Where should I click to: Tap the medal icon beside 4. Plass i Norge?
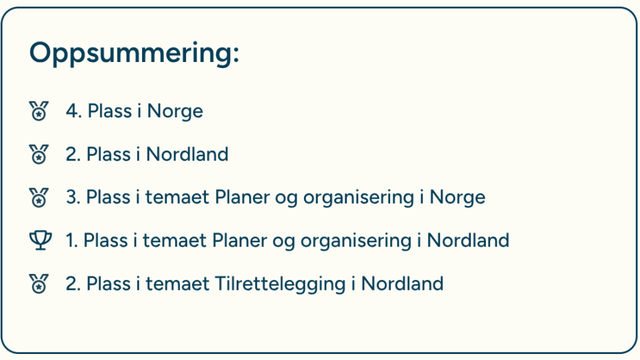(x=39, y=111)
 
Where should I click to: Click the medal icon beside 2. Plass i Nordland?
(x=39, y=154)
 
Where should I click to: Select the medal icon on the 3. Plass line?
(x=39, y=197)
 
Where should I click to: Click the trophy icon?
(x=41, y=241)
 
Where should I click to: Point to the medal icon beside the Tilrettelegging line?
(x=39, y=283)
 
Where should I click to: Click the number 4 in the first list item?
(x=71, y=111)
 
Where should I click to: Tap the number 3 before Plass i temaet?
(x=71, y=197)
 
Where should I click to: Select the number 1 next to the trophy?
(x=70, y=241)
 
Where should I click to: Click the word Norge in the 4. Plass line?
(x=175, y=111)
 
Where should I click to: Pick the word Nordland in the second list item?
(x=187, y=154)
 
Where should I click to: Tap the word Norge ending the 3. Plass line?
(x=457, y=198)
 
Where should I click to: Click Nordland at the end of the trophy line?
(x=468, y=241)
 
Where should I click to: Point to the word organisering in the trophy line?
(x=356, y=241)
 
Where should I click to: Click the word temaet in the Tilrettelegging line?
(x=177, y=284)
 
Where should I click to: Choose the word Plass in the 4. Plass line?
(x=109, y=111)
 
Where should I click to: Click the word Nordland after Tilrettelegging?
(x=402, y=284)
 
